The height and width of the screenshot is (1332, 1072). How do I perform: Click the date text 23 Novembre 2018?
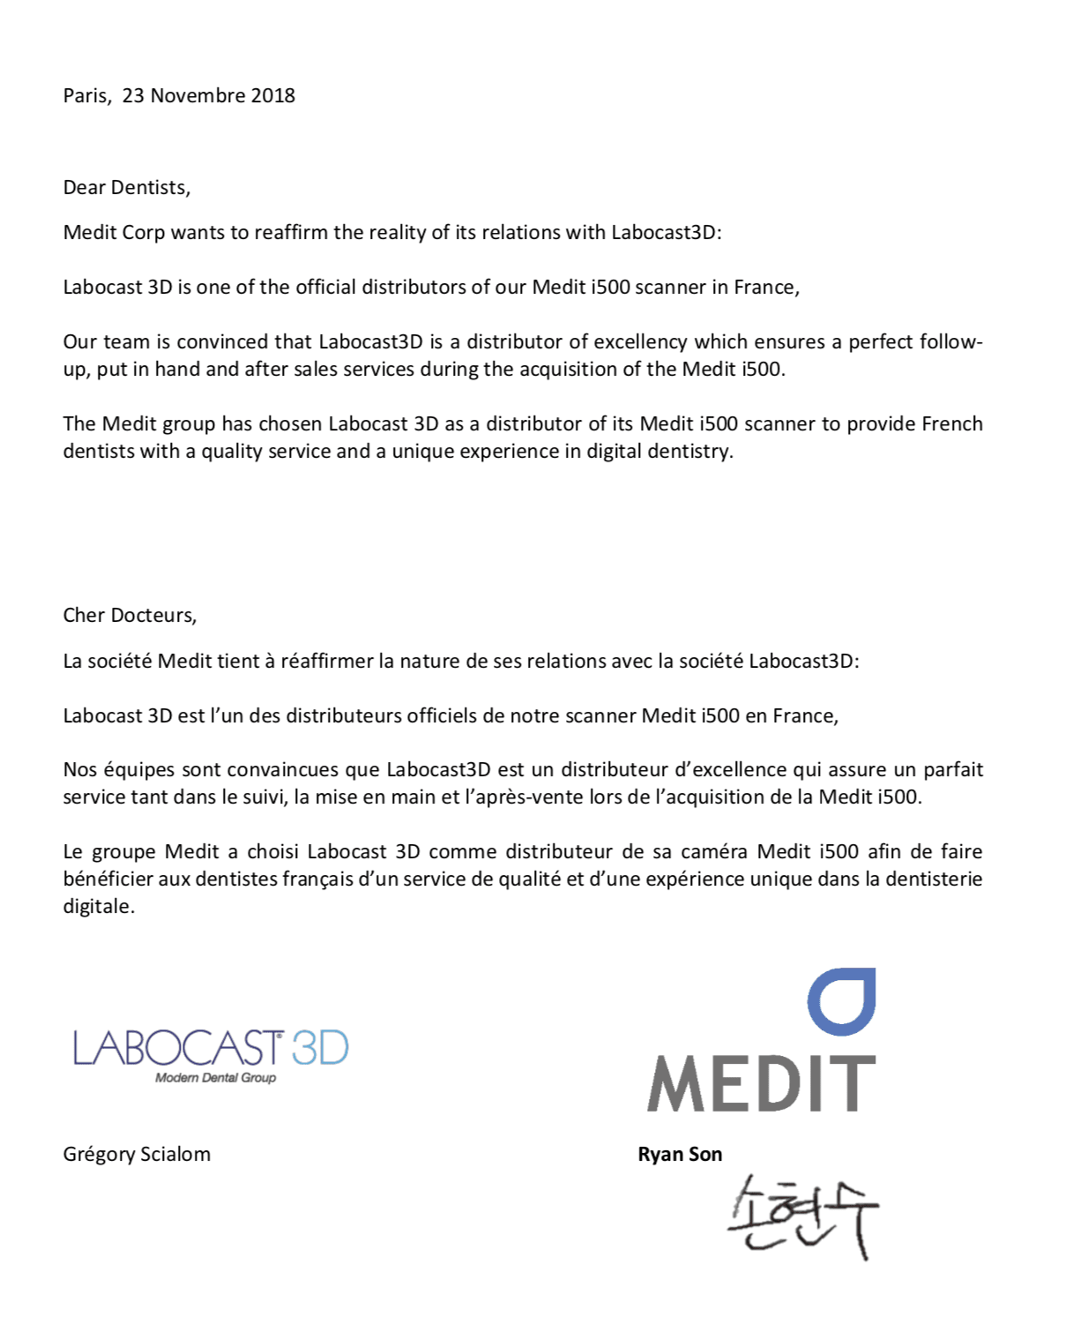click(x=208, y=95)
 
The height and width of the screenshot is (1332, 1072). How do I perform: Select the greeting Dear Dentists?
click(x=126, y=187)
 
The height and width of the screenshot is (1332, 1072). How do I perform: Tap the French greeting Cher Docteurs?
click(x=130, y=615)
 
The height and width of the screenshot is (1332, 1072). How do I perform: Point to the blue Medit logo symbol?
click(x=842, y=1001)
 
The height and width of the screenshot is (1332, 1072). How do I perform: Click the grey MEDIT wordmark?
click(x=762, y=1084)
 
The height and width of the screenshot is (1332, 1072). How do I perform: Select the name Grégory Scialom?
click(x=137, y=1154)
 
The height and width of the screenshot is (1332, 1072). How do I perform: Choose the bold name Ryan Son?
click(x=680, y=1154)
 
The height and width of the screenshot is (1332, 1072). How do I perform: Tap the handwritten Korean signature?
click(x=802, y=1216)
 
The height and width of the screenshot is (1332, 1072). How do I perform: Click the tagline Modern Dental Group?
click(x=215, y=1078)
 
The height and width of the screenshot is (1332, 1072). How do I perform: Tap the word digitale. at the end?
click(x=99, y=906)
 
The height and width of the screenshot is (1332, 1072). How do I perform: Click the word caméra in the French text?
click(x=713, y=851)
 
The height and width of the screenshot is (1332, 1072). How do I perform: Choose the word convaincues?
click(x=283, y=769)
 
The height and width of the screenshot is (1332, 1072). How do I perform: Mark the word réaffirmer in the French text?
click(x=327, y=661)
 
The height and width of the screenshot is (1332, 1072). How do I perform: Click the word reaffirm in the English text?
click(x=291, y=232)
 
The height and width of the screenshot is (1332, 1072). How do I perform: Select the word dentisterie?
click(x=934, y=879)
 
